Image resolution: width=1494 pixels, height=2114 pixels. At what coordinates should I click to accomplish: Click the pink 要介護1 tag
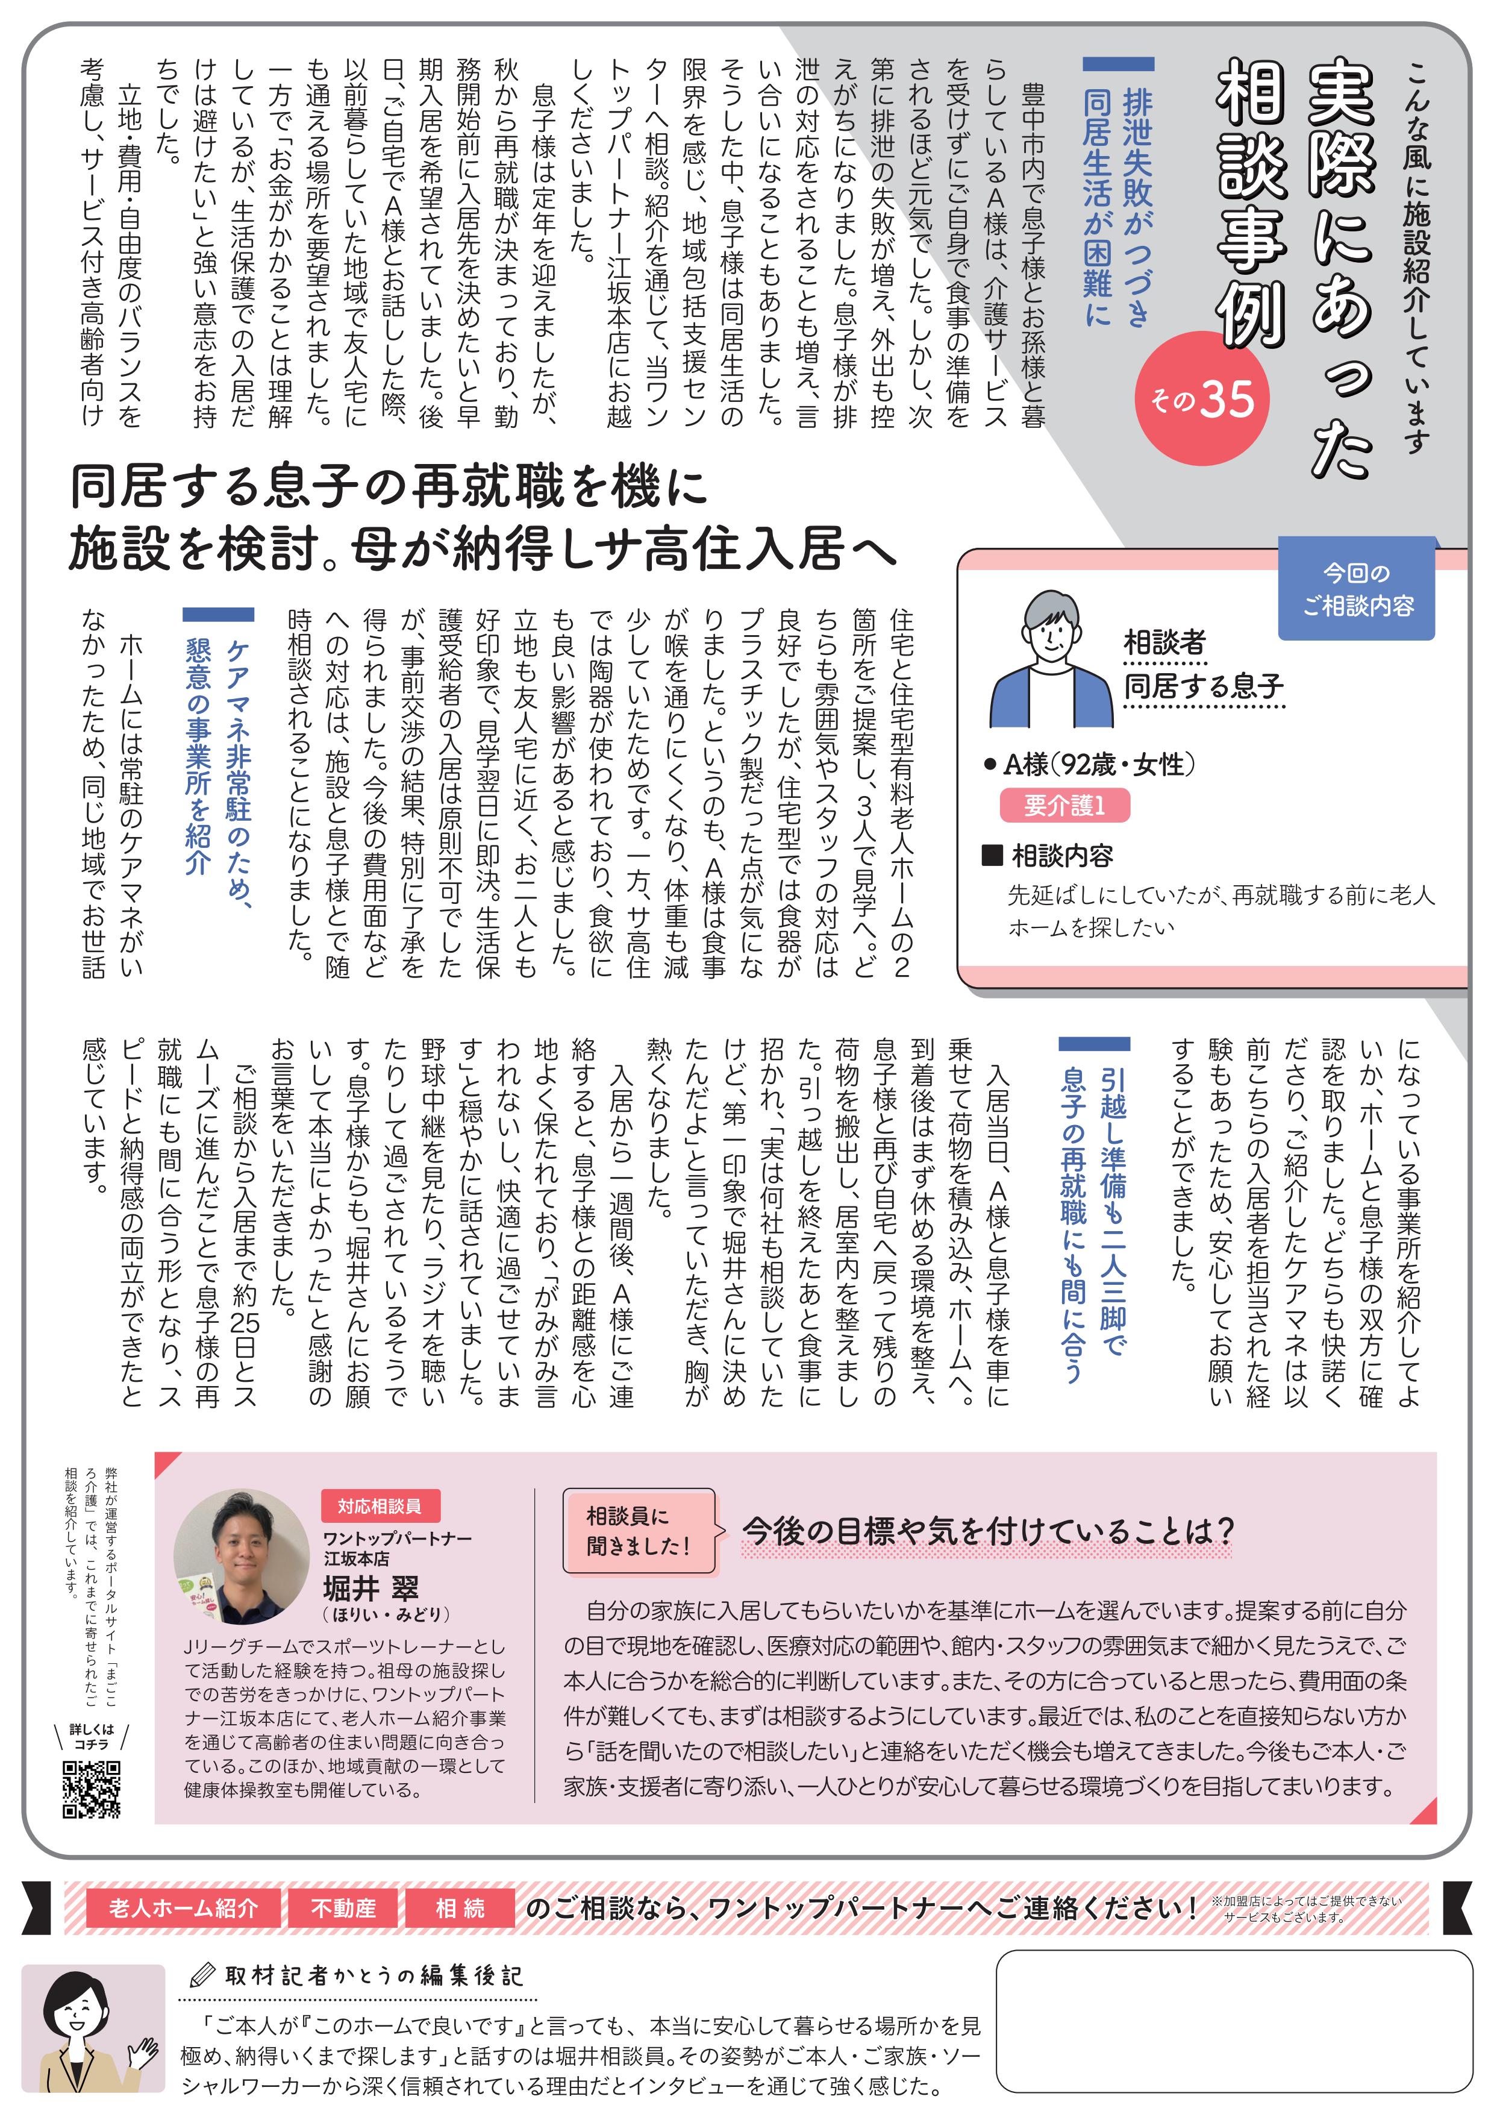pos(1064,806)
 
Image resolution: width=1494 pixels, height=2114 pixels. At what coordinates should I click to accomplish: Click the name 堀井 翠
pos(371,1587)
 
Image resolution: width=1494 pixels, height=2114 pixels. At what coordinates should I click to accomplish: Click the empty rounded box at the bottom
pos(1234,2020)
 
